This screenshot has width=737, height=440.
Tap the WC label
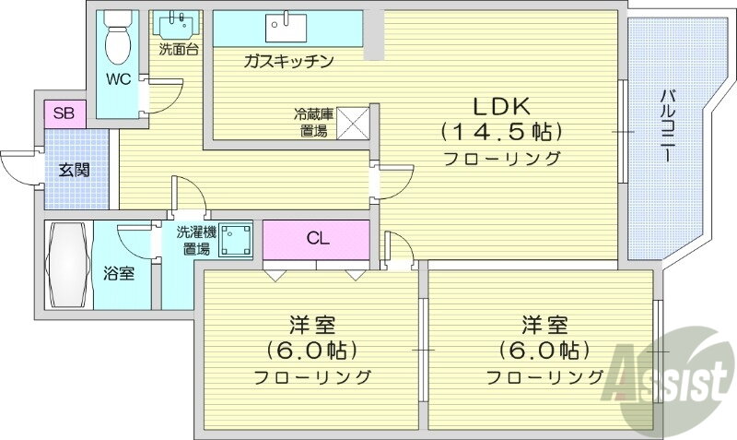[x=118, y=78]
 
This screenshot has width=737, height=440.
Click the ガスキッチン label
[x=288, y=61]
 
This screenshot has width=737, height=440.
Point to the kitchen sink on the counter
[x=287, y=28]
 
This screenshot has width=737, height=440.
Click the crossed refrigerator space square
[x=353, y=123]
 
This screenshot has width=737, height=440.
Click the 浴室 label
[x=120, y=274]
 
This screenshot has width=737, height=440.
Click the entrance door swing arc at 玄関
[x=17, y=166]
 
